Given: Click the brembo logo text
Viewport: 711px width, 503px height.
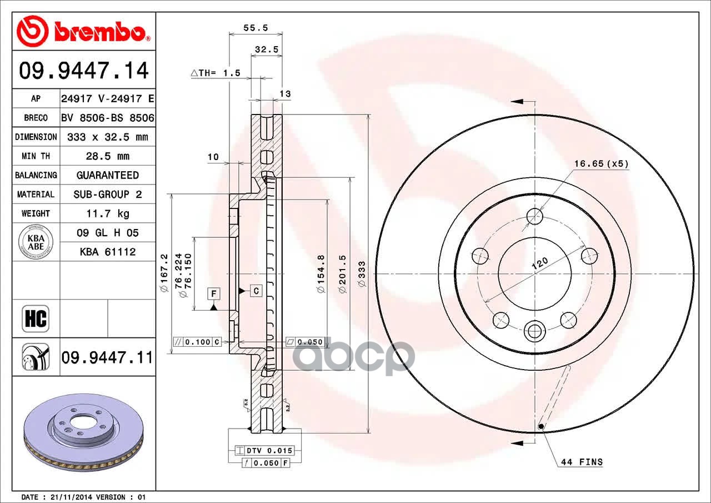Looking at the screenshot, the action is (x=101, y=32).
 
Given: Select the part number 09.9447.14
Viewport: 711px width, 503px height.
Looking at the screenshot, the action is (x=84, y=71).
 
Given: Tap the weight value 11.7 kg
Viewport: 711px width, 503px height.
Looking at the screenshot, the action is (x=108, y=214).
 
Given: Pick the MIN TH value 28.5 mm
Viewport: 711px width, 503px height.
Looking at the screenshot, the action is (x=108, y=156).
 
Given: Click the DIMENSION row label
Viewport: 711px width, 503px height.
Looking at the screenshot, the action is (x=36, y=137).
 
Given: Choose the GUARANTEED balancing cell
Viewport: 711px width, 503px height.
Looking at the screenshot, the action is (x=108, y=175).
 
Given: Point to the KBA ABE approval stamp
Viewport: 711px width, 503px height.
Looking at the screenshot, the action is (x=36, y=242).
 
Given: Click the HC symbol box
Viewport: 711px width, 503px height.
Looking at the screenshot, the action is (x=36, y=318).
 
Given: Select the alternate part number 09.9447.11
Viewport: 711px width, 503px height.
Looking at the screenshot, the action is (x=107, y=357).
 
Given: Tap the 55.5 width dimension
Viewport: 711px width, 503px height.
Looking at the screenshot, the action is (x=256, y=28).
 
